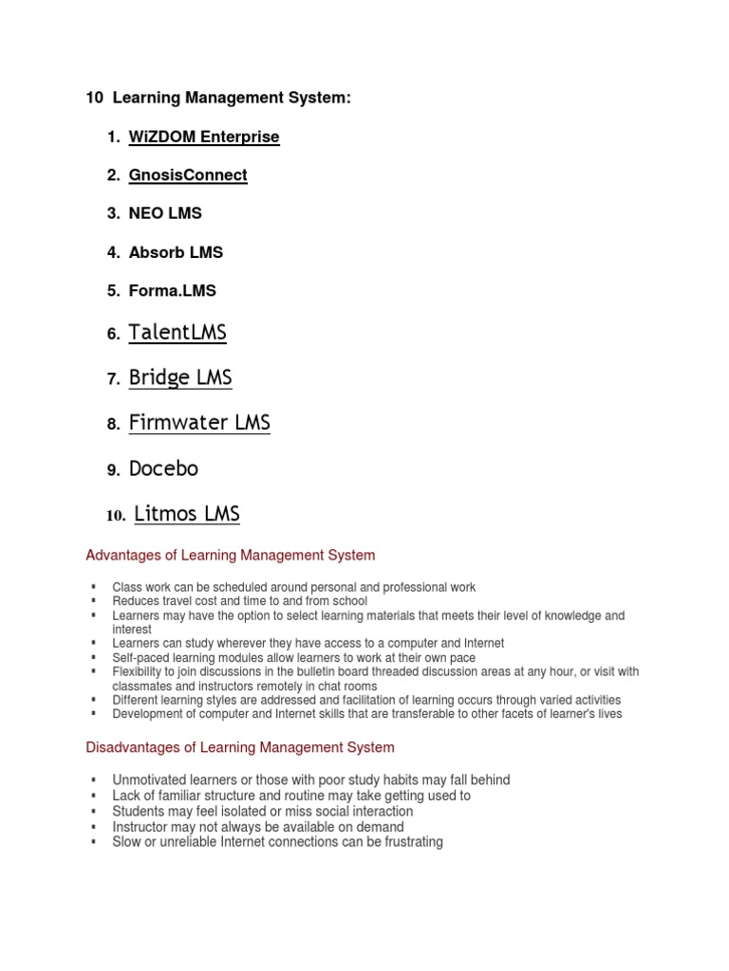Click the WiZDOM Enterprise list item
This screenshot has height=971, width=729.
click(x=204, y=137)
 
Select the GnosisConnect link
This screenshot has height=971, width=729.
click(x=188, y=174)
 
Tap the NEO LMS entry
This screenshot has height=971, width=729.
click(x=165, y=213)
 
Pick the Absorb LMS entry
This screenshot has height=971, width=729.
click(x=176, y=252)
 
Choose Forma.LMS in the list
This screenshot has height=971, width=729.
click(x=172, y=291)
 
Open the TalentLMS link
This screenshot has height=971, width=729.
click(x=178, y=332)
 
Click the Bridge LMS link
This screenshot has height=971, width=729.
click(x=180, y=377)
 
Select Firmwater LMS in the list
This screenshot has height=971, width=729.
click(x=199, y=423)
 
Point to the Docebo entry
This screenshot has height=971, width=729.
click(x=163, y=468)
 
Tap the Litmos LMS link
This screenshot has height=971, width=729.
click(x=187, y=514)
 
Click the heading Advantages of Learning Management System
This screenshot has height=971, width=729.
click(x=231, y=555)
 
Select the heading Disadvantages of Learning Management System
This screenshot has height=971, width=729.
click(x=240, y=747)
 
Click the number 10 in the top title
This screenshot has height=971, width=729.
click(x=93, y=98)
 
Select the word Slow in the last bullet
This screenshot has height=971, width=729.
click(x=127, y=841)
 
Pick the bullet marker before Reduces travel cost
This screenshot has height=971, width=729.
click(x=94, y=601)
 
